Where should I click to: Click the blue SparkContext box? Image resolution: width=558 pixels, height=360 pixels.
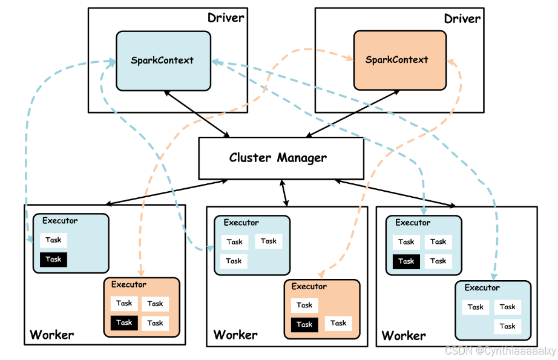[163, 61]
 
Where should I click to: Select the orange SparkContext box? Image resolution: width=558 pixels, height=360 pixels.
[399, 60]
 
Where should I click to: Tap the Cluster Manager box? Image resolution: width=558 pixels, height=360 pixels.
[281, 159]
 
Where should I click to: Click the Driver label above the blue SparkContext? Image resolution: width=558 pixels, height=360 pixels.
[226, 18]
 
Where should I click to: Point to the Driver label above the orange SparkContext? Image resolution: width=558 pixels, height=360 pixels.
[462, 19]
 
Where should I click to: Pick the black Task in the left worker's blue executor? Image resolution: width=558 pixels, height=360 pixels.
[53, 260]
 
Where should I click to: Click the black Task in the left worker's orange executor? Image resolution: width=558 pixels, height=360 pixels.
[124, 322]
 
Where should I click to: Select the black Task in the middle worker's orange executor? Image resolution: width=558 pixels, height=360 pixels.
[304, 324]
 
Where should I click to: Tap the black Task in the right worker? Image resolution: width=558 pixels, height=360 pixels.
[406, 261]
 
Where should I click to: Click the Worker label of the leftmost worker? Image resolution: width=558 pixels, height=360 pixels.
[52, 335]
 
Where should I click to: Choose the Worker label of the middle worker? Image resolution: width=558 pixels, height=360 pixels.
[235, 335]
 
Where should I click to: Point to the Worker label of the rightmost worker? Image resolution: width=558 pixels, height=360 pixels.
[404, 335]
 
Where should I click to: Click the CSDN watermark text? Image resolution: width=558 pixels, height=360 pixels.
[500, 351]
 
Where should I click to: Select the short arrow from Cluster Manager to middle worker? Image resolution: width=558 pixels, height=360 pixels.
[284, 193]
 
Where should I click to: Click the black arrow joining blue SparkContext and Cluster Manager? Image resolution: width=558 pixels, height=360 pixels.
[197, 114]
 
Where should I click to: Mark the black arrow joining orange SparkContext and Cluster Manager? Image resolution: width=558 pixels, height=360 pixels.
[353, 114]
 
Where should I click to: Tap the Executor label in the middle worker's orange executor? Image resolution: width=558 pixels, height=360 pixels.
[309, 286]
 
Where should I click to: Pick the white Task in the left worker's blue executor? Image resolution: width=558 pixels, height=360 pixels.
[53, 240]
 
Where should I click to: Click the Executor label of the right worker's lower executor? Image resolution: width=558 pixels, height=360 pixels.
[482, 287]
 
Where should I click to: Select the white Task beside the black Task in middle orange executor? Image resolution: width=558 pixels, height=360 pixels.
[338, 323]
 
